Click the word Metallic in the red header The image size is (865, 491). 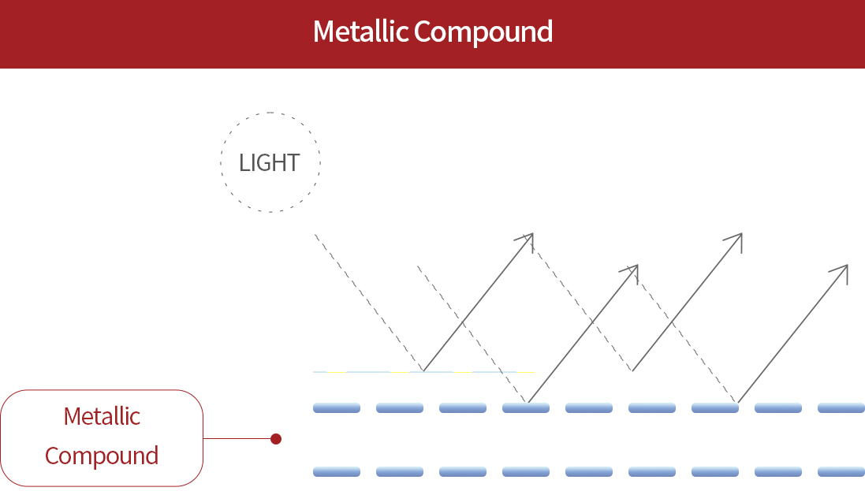(360, 32)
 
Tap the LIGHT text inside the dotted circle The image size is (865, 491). (270, 163)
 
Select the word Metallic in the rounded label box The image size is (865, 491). (102, 416)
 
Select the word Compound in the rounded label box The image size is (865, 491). (102, 456)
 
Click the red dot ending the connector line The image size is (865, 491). (276, 439)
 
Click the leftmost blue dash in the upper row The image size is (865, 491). (337, 408)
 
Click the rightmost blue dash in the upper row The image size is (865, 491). (841, 408)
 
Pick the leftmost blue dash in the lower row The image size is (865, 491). (337, 471)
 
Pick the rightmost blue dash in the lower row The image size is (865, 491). (841, 471)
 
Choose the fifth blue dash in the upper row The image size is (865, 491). (589, 408)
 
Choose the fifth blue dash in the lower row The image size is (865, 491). (589, 471)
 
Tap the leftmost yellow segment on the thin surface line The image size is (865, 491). (337, 371)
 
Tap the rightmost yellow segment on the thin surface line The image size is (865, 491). (525, 371)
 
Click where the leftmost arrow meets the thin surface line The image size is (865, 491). (423, 371)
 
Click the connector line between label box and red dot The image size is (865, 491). (237, 439)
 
